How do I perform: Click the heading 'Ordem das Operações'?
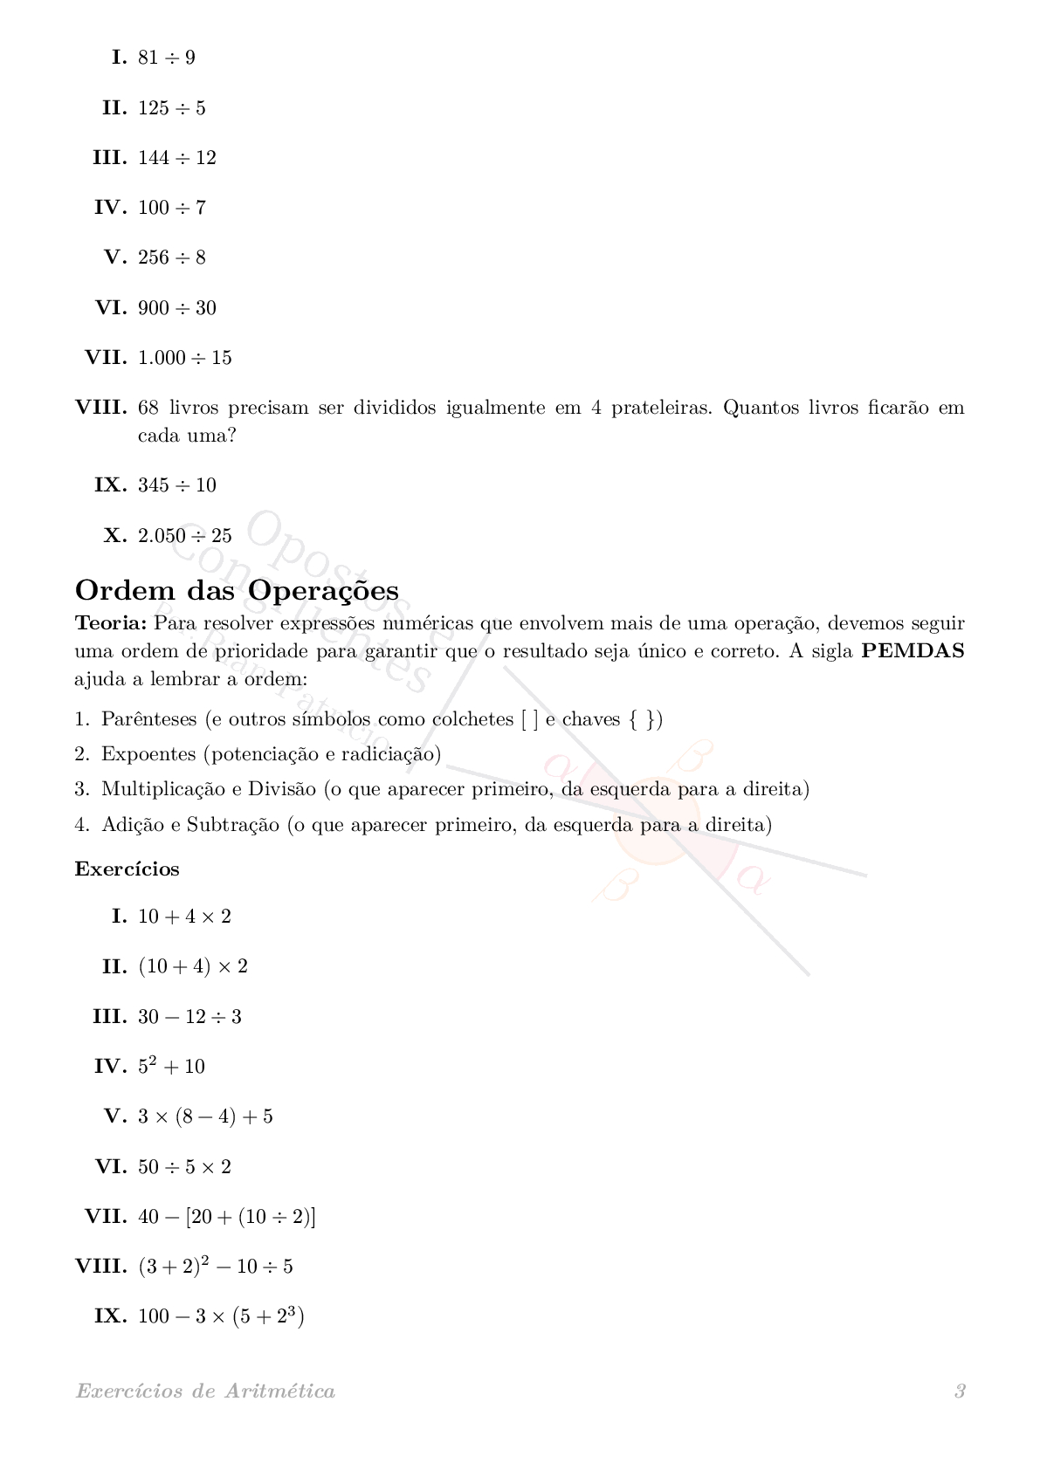237,591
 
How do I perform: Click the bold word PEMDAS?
913,651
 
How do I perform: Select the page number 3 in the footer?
960,1391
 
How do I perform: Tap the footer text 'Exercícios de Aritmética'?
205,1391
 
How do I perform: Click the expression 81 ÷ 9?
167,58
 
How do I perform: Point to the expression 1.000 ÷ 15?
185,358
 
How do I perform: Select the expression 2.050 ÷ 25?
185,536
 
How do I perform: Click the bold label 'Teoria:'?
111,623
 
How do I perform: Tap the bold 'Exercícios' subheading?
127,869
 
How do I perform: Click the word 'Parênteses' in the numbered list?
149,719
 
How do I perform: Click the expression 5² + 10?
171,1067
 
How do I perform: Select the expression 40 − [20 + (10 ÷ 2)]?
227,1217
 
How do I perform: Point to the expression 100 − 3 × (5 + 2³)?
221,1316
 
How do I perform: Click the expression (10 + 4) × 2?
193,967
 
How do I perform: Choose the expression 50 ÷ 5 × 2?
184,1167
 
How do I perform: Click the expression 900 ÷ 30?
177,308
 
